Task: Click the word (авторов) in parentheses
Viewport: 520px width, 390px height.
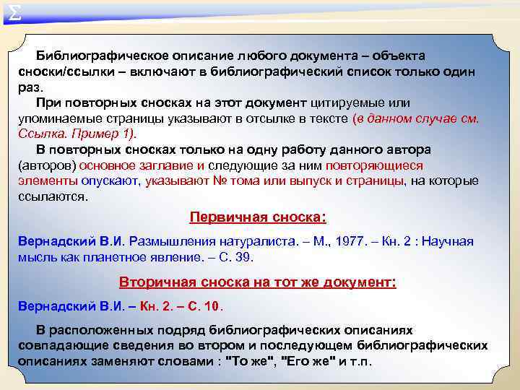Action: click(43, 165)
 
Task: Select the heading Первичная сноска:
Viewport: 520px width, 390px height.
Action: click(257, 217)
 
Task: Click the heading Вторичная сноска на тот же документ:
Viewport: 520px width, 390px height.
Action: click(257, 282)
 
